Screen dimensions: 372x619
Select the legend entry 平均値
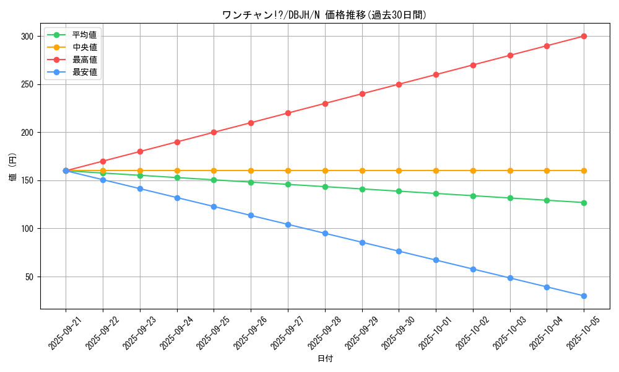pyautogui.click(x=84, y=35)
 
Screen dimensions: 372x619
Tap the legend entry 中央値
pyautogui.click(x=84, y=47)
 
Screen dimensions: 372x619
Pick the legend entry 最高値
pyautogui.click(x=84, y=60)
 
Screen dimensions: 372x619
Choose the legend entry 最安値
pyautogui.click(x=84, y=72)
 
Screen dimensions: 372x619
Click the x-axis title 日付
pyautogui.click(x=325, y=359)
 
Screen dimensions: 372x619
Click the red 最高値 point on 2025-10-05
pyautogui.click(x=584, y=37)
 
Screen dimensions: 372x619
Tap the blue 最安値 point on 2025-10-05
pyautogui.click(x=584, y=296)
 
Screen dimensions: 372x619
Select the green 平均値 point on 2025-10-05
pyautogui.click(x=584, y=203)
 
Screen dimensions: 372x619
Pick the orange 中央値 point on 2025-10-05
pyautogui.click(x=584, y=170)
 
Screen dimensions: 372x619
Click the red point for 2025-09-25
pyautogui.click(x=214, y=133)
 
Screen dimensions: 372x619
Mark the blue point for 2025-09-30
pyautogui.click(x=399, y=251)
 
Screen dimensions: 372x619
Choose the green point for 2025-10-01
pyautogui.click(x=436, y=193)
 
